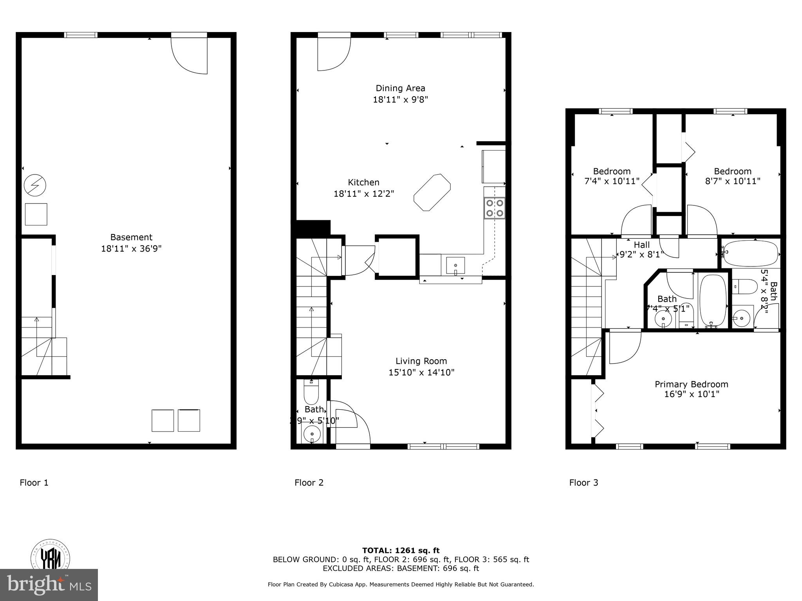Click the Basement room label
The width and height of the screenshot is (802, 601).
pos(131,237)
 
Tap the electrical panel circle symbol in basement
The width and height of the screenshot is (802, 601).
pos(35,185)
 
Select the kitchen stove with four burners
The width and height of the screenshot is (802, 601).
pos(495,208)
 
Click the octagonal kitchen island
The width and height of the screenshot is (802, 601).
pos(432,193)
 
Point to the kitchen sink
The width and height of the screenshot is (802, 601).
pos(455,266)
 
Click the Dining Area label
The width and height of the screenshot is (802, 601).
pos(400,88)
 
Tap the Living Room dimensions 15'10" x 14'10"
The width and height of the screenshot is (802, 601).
pos(421,372)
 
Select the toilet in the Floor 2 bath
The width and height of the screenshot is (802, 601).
pos(312,392)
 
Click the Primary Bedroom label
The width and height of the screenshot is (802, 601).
pos(692,384)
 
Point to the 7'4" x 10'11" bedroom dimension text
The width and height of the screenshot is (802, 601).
pos(612,181)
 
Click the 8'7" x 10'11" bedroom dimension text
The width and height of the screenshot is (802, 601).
pos(733,181)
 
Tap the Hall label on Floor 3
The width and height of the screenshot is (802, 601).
pos(642,245)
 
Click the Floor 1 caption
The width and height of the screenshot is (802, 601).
pos(34,483)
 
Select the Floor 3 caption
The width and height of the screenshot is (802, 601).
pos(583,483)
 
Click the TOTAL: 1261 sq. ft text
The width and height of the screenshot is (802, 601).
pos(401,551)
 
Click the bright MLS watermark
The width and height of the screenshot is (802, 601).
pos(49,585)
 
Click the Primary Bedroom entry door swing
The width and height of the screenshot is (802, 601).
pos(624,347)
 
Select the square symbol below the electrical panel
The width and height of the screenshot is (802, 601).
pos(36,214)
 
